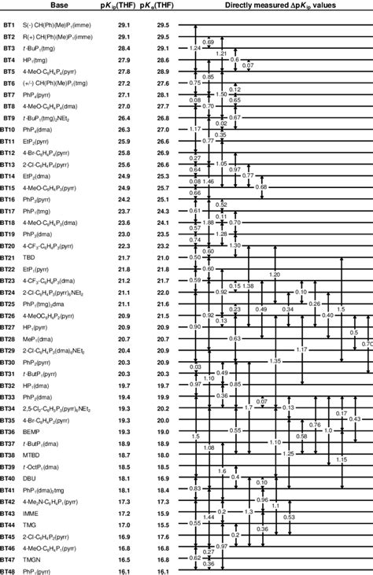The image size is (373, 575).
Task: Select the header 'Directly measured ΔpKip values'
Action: pos(274,6)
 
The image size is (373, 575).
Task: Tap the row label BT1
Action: pos(9,26)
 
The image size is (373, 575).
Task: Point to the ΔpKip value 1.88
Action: pos(209,223)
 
